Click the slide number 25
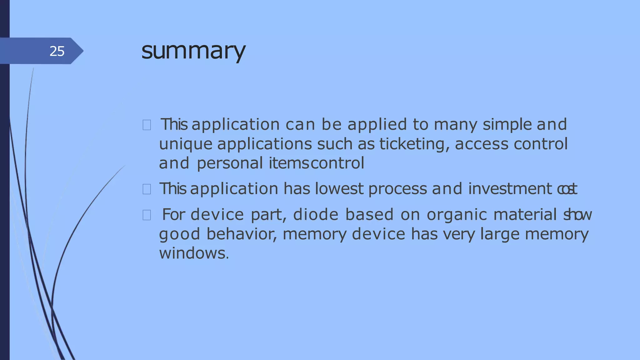(x=57, y=51)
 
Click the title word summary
(x=193, y=51)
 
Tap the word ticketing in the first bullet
(x=414, y=144)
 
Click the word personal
(x=230, y=163)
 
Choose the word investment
(x=510, y=189)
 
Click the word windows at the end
(x=194, y=253)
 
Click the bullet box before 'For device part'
(x=147, y=215)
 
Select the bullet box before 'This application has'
(x=147, y=189)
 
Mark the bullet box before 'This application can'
(x=147, y=125)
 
